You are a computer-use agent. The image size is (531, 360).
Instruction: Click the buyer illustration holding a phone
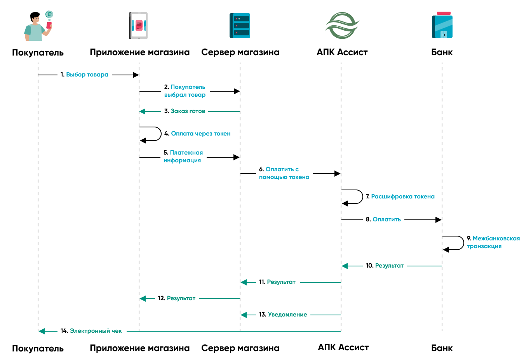(x=38, y=26)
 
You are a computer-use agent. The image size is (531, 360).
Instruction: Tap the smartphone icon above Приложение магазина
(x=138, y=26)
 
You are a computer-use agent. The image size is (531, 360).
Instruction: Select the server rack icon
(x=240, y=26)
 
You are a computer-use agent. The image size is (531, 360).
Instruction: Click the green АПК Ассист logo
(x=342, y=26)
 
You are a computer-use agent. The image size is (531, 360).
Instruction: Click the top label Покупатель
(x=38, y=52)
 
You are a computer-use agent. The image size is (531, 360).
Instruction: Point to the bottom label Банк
(x=442, y=348)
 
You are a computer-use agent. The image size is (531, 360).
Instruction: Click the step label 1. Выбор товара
(x=84, y=75)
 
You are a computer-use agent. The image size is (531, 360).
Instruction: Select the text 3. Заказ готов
(x=185, y=111)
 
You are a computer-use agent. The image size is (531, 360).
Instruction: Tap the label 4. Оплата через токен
(x=197, y=134)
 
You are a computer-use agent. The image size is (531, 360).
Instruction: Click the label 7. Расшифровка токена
(x=400, y=197)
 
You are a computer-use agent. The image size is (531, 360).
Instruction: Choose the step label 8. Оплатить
(x=383, y=219)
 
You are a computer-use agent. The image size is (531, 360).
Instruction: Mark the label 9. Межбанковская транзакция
(x=493, y=242)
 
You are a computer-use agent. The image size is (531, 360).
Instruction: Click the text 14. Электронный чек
(x=91, y=331)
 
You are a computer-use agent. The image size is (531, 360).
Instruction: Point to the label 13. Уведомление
(x=283, y=315)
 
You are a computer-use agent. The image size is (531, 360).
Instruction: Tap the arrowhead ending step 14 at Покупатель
(x=42, y=331)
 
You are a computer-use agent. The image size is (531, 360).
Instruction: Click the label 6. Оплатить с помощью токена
(x=284, y=173)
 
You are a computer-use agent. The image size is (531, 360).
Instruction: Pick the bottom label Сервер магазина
(x=240, y=348)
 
